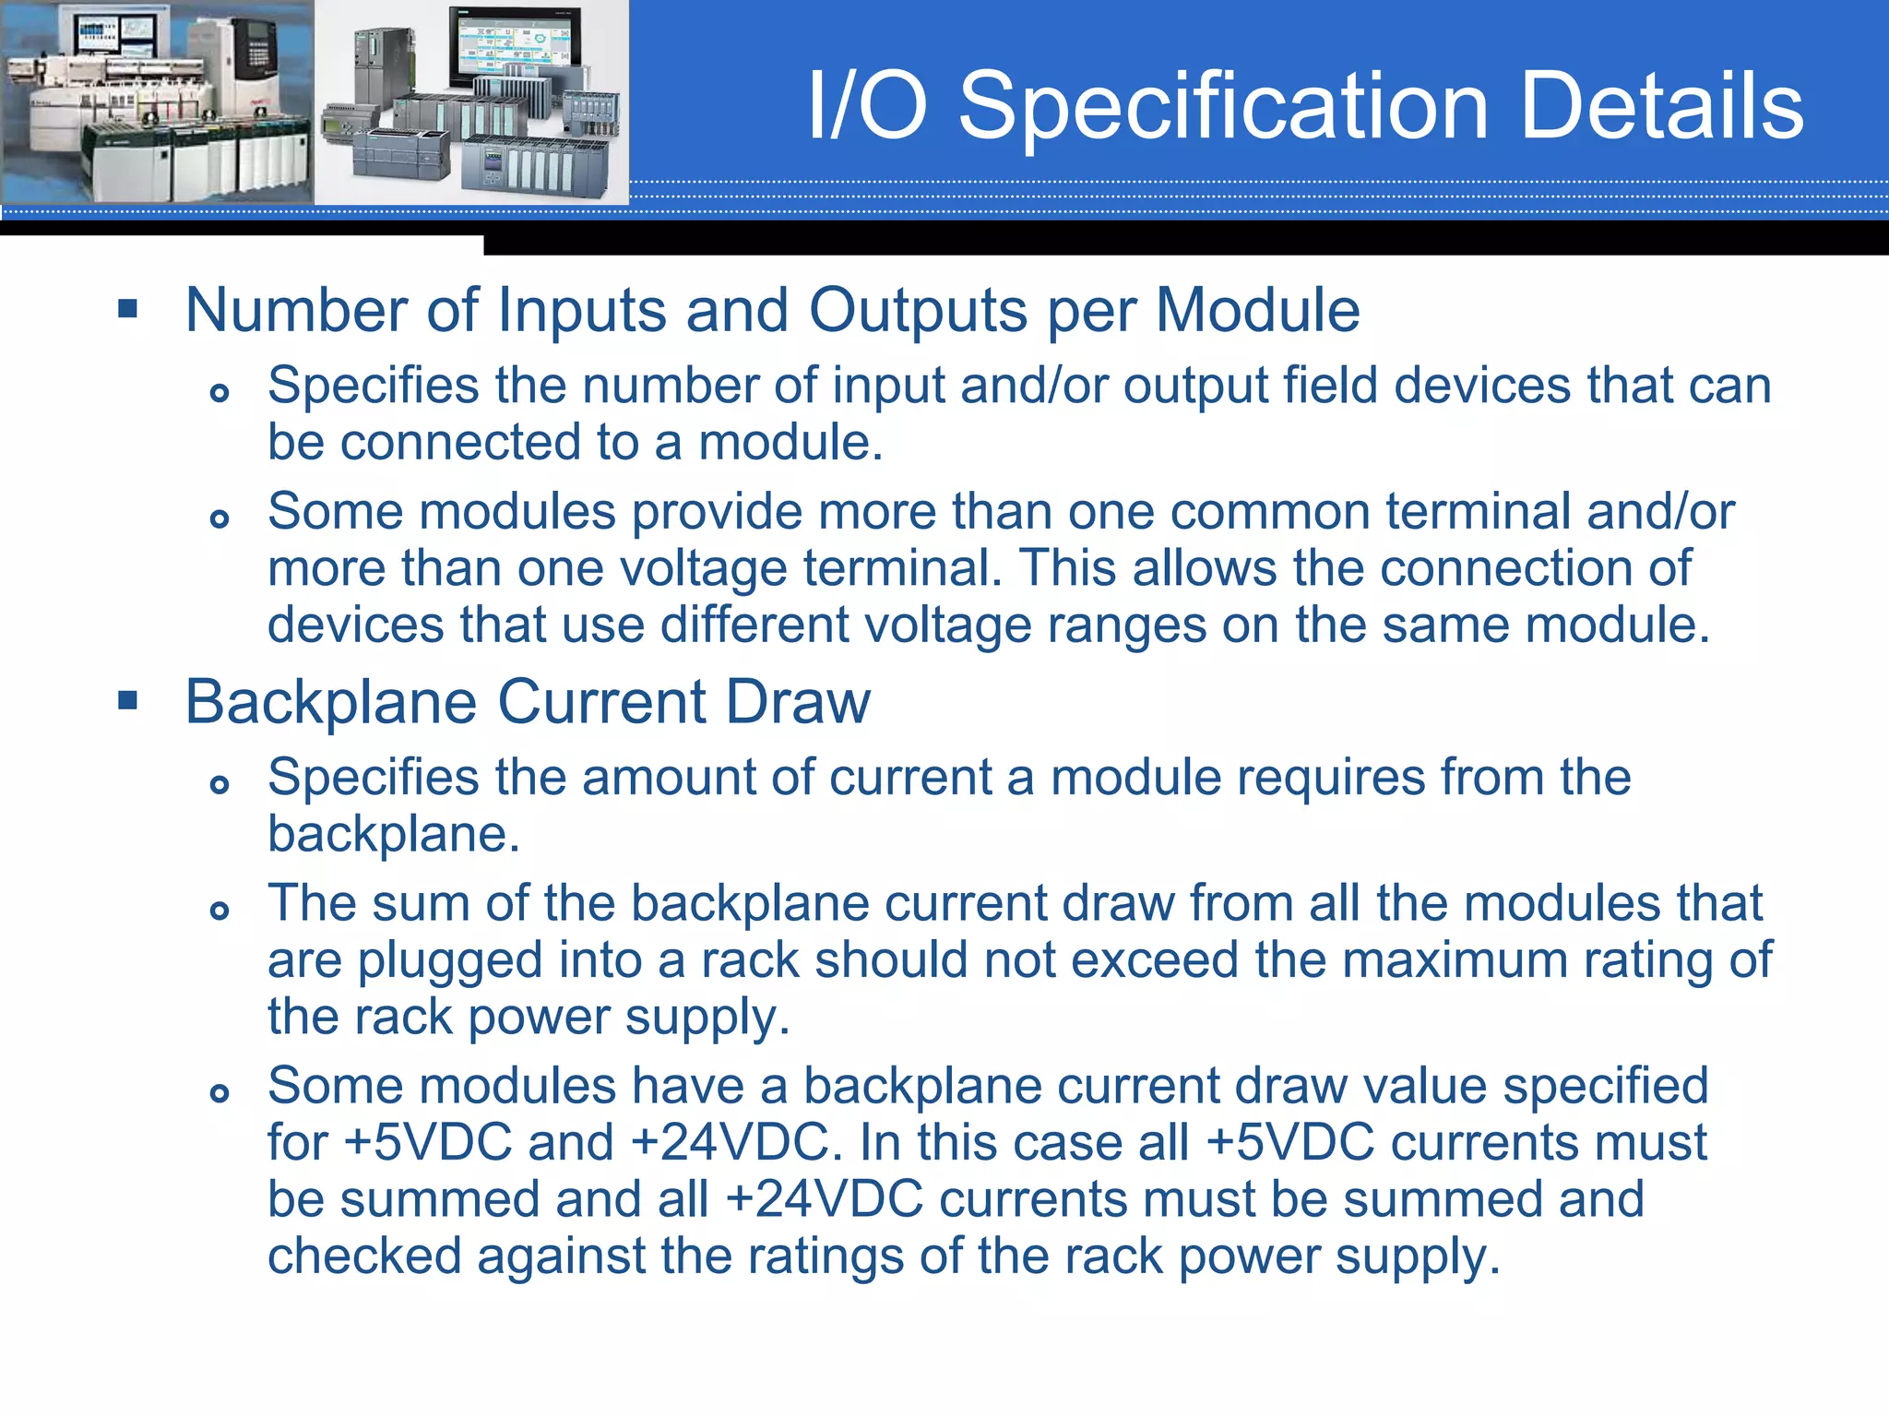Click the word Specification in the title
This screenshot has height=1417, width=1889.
point(1223,107)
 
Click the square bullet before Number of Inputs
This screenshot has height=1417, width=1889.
point(128,308)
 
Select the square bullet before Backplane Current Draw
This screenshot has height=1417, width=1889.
point(128,701)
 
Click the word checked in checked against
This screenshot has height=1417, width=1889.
point(364,1256)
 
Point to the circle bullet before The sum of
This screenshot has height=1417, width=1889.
point(219,911)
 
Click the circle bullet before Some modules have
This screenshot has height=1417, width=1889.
point(219,1093)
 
